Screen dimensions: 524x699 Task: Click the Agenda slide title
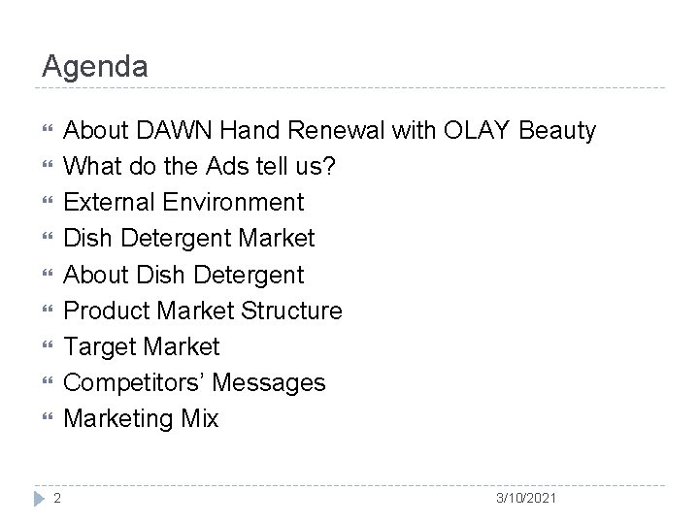point(95,66)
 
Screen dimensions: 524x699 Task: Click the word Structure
point(294,311)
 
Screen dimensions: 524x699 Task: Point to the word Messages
point(268,382)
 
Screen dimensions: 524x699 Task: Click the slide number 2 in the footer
point(57,498)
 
